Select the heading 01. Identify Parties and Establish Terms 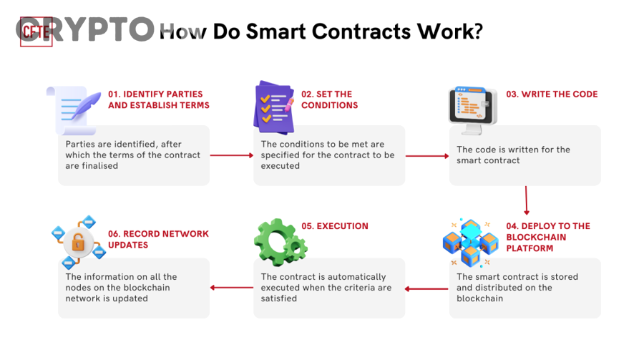(158, 99)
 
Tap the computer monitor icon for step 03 (472, 110)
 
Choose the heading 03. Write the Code (551, 94)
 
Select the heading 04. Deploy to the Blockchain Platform (548, 237)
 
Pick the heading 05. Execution (334, 226)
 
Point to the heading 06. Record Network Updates (158, 239)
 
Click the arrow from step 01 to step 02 (231, 155)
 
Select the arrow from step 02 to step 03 (426, 155)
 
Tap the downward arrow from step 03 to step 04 (527, 200)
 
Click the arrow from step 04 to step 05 (426, 288)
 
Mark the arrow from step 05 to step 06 (231, 288)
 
